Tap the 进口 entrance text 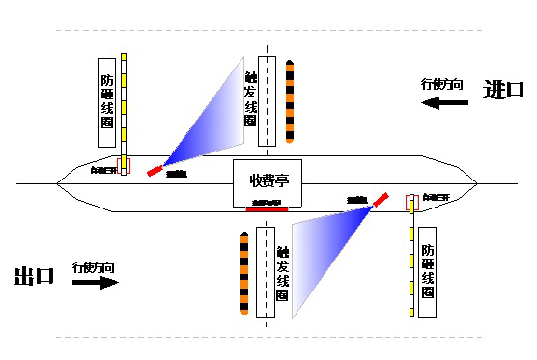[502, 90]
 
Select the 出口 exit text [34, 277]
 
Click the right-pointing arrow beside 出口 [95, 283]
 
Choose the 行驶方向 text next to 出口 [95, 266]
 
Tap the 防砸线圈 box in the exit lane [428, 270]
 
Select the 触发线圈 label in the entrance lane [251, 98]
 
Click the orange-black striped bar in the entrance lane [289, 100]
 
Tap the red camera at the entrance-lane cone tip [155, 171]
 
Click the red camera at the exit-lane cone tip [382, 200]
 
